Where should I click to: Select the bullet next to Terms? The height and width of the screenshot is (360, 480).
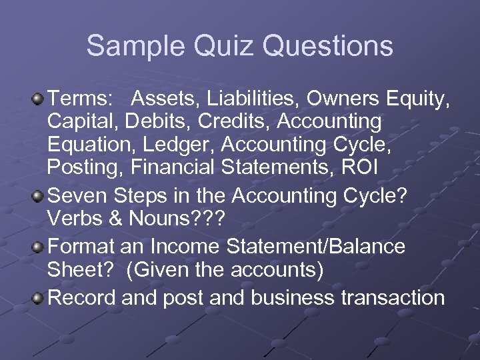39,100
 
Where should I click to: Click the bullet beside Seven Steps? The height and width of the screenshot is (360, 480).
39,197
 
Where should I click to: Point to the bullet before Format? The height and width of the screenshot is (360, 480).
39,247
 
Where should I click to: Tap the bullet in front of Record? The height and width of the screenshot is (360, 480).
39,297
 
